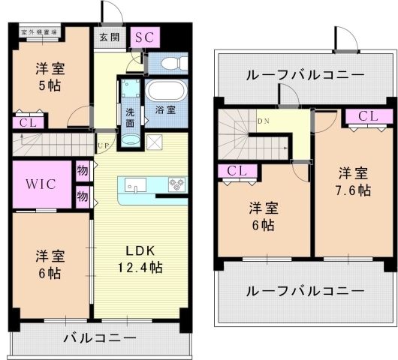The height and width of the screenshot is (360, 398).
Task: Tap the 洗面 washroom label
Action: click(130, 117)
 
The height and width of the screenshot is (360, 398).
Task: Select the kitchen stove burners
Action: click(177, 184)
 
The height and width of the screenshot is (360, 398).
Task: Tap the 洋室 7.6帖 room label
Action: click(352, 181)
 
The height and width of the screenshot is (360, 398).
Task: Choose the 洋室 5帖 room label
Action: click(52, 76)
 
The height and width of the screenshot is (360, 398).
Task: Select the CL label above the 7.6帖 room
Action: click(368, 116)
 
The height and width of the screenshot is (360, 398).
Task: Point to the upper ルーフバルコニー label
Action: click(305, 74)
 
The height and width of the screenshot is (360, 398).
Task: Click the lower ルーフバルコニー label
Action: click(305, 290)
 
